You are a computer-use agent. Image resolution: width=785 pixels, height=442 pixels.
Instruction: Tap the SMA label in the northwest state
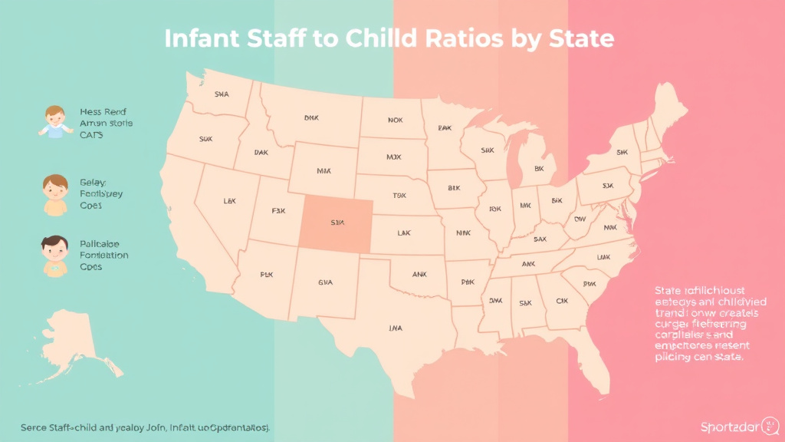click(x=222, y=95)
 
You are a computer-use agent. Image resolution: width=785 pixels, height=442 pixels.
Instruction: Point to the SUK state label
click(x=205, y=140)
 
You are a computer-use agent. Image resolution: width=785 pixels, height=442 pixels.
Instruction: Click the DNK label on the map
click(x=311, y=119)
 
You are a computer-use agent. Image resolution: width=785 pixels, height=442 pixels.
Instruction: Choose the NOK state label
click(x=395, y=120)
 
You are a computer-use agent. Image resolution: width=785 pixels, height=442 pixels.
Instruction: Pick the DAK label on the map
click(x=261, y=153)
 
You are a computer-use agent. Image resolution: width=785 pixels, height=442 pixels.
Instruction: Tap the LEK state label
click(x=229, y=201)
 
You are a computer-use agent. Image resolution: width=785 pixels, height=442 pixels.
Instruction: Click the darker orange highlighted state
click(x=336, y=223)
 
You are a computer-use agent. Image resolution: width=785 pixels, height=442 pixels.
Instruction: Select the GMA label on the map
click(x=326, y=282)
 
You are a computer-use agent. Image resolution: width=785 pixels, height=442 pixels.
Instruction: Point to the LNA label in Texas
click(x=395, y=328)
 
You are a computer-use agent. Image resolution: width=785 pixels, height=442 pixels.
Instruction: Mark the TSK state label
click(x=399, y=196)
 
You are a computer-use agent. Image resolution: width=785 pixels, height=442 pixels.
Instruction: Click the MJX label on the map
click(x=393, y=157)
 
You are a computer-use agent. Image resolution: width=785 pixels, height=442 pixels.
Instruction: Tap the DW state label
click(x=580, y=219)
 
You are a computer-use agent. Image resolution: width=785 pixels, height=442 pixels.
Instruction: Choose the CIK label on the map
click(x=561, y=301)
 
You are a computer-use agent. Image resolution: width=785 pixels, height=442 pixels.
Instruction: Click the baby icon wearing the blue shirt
click(x=54, y=122)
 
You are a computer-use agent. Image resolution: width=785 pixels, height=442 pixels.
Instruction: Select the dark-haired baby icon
click(x=53, y=255)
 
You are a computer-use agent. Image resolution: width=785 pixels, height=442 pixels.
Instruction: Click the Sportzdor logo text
click(x=726, y=427)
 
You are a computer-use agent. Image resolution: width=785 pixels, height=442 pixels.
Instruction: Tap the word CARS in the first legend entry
click(x=91, y=134)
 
